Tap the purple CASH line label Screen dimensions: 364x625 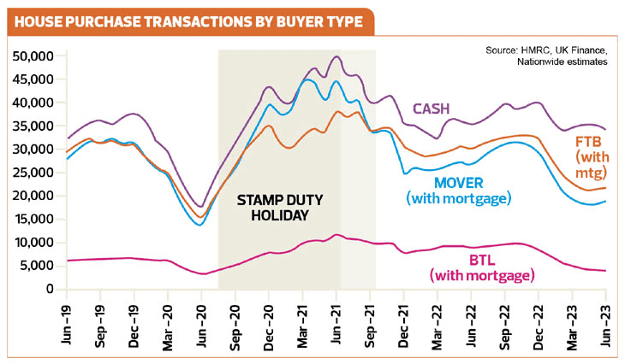[x=434, y=109]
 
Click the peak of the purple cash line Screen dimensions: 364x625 [x=336, y=57]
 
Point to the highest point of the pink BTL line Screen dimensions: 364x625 [x=337, y=234]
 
